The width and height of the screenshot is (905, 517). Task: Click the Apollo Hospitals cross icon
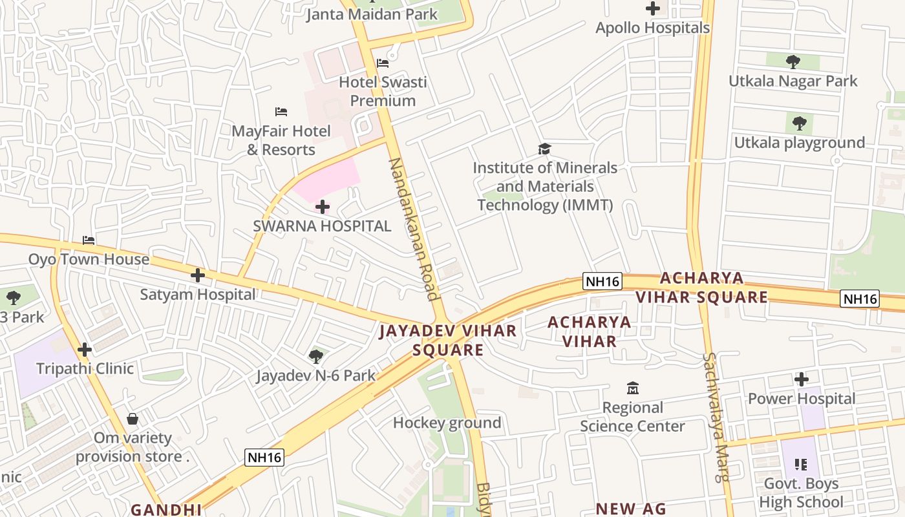pos(653,9)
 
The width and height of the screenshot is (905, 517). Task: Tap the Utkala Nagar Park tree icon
pos(793,62)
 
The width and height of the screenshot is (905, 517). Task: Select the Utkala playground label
pos(799,143)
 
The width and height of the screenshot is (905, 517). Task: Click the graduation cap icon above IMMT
pos(544,149)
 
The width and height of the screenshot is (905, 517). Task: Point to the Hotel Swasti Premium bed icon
pos(383,63)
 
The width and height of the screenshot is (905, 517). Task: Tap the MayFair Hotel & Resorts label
pos(281,140)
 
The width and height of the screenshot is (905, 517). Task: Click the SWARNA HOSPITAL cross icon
pos(322,207)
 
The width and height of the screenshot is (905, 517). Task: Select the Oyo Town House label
pos(89,260)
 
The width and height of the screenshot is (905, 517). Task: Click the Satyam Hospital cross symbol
pos(198,276)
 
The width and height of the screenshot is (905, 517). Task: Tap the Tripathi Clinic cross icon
pos(85,350)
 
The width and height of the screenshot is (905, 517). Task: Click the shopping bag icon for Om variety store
pos(133,419)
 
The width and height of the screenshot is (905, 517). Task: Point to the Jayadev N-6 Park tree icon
pos(316,356)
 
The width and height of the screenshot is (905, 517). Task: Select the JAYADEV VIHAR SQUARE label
pos(448,341)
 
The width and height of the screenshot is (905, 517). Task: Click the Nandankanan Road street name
pos(414,229)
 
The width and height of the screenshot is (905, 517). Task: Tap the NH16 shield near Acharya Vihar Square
pos(602,281)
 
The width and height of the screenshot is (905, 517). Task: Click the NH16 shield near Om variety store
pos(265,458)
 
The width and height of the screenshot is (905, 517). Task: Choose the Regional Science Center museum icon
pos(632,388)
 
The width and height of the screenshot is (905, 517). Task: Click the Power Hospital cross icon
pos(802,379)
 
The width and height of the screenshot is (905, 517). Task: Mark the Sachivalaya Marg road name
pos(716,417)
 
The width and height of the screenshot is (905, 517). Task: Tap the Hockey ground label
pos(447,423)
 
